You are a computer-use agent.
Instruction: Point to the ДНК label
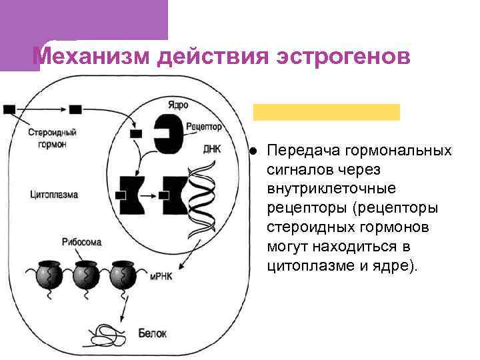pyautogui.click(x=211, y=149)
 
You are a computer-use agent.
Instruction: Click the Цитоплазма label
pyautogui.click(x=54, y=195)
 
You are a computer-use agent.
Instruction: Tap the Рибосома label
pyautogui.click(x=81, y=242)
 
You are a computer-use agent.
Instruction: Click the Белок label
pyautogui.click(x=152, y=331)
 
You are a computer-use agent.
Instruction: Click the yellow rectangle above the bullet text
pyautogui.click(x=327, y=111)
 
